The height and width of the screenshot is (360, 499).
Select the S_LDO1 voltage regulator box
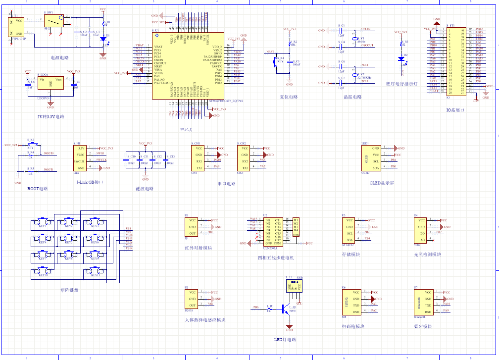(x=50, y=83)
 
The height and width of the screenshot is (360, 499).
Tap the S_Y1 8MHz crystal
(x=355, y=39)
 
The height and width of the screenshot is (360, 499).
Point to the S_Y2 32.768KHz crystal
(x=355, y=74)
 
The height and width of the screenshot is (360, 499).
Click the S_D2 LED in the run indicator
(x=401, y=58)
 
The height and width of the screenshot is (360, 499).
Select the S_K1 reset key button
(x=276, y=61)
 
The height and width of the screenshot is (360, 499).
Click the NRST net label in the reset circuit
(x=270, y=51)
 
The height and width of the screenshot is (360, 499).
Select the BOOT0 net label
(x=49, y=154)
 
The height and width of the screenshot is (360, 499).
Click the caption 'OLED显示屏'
(x=382, y=182)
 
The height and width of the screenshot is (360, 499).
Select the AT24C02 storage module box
(x=349, y=229)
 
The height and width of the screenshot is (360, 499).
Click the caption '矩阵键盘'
(x=69, y=290)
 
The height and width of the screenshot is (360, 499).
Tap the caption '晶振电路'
(x=352, y=97)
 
